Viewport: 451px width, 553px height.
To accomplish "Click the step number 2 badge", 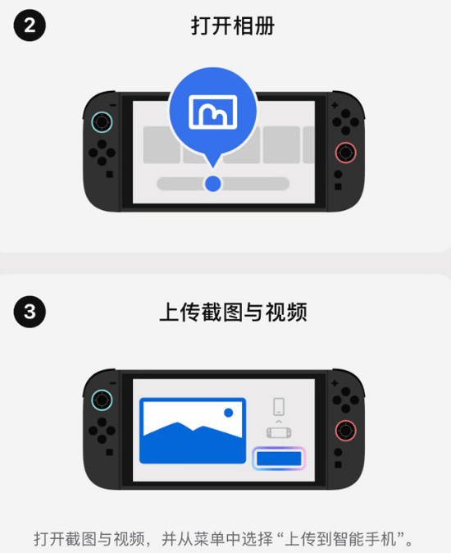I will point(30,25).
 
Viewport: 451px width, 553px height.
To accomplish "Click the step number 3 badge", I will point(30,312).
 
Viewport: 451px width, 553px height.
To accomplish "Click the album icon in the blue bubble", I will point(212,112).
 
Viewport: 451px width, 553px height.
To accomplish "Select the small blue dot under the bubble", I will point(212,183).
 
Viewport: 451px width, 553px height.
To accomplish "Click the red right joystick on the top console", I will point(345,153).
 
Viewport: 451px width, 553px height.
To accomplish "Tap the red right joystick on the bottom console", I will point(345,431).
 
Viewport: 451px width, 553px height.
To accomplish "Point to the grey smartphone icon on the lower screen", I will point(279,405).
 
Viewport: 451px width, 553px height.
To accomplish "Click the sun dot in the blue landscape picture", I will point(229,413).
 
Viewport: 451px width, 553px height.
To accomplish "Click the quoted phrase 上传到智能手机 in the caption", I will point(342,539).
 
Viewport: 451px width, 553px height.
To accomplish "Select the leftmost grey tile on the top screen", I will point(161,144).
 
